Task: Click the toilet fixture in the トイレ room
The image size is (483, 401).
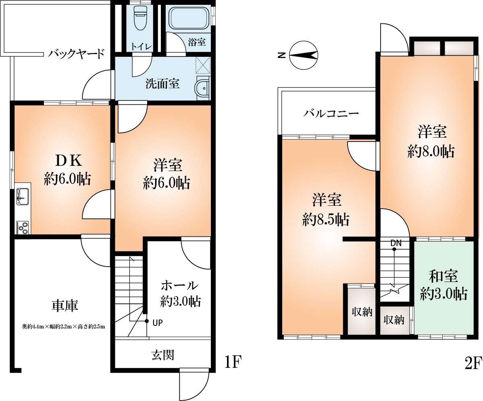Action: (140, 18)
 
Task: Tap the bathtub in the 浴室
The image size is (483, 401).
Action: (188, 19)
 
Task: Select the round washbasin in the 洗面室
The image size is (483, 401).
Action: (203, 87)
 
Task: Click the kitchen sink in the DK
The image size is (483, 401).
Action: (23, 196)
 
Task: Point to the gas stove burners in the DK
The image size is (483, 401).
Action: (23, 227)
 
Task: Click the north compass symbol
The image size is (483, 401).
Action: (304, 55)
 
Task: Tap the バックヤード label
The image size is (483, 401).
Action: (77, 54)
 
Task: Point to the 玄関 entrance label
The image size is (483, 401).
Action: (163, 355)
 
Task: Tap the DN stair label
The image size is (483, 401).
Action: (396, 243)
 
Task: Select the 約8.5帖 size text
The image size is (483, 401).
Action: (326, 219)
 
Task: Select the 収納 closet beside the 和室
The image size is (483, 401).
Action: (394, 320)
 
